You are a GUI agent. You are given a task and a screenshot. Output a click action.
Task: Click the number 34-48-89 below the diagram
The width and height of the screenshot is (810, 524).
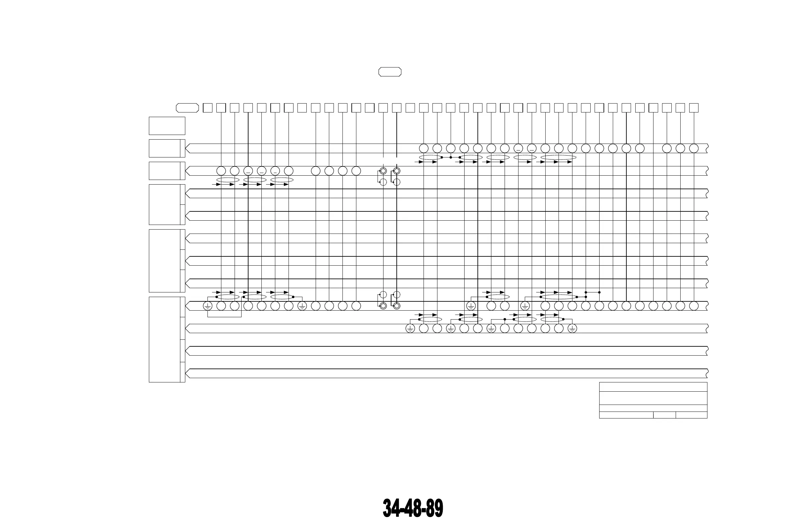click(x=413, y=508)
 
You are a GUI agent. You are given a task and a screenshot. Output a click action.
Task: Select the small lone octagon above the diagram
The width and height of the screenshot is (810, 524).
click(x=390, y=72)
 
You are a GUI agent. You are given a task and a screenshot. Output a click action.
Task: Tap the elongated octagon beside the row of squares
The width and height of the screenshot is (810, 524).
click(x=187, y=108)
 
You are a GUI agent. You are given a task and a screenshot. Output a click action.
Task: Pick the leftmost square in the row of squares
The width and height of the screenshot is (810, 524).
click(x=207, y=108)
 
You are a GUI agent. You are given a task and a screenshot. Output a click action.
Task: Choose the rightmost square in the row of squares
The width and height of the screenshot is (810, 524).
click(x=694, y=108)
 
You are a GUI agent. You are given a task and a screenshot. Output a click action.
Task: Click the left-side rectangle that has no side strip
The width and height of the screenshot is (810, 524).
click(x=167, y=126)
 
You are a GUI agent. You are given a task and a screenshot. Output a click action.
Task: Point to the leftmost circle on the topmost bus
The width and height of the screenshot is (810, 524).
click(x=424, y=148)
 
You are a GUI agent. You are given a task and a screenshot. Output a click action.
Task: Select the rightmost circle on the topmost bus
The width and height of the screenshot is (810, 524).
click(x=694, y=148)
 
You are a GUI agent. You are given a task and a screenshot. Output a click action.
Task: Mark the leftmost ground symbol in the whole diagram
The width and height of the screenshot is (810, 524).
click(x=207, y=306)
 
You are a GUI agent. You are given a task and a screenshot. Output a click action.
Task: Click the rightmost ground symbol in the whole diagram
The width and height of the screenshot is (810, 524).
click(x=572, y=328)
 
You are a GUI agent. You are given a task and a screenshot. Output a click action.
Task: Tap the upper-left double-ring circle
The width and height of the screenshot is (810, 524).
click(x=383, y=171)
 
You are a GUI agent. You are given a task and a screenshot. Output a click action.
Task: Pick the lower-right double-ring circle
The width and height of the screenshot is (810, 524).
click(x=396, y=306)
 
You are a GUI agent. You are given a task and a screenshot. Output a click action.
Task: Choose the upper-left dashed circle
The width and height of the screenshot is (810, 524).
click(x=383, y=182)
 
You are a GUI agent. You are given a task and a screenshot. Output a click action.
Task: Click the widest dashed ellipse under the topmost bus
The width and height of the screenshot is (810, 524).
click(x=559, y=157)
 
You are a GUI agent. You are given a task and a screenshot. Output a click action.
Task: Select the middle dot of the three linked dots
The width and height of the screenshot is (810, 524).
click(x=451, y=157)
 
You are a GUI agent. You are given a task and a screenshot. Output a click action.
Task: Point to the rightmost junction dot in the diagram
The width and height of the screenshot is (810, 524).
click(x=599, y=292)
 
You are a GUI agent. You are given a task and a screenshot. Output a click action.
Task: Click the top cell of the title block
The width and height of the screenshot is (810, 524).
click(x=653, y=387)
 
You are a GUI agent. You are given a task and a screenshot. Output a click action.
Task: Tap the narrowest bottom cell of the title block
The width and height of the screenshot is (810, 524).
click(x=664, y=415)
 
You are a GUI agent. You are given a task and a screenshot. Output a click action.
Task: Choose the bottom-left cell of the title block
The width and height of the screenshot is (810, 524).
click(x=626, y=415)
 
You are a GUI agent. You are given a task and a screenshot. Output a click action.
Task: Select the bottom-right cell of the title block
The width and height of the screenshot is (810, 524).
click(x=691, y=415)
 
